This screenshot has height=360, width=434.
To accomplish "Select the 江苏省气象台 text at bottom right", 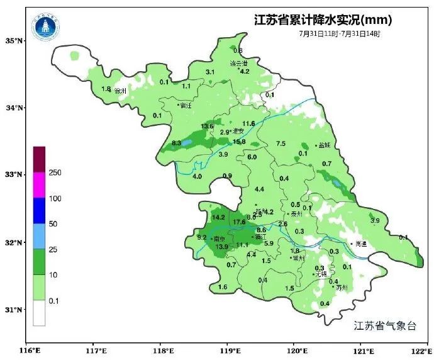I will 385,325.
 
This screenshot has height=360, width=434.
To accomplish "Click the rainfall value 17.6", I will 239,222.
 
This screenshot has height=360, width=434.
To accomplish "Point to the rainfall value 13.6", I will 207,127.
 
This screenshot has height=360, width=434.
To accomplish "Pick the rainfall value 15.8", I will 239,142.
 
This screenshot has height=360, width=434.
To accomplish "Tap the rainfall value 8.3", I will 177,143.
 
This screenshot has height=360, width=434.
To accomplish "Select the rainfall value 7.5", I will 281,143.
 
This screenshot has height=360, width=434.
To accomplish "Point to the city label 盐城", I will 325,145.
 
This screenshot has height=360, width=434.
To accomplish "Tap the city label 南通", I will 360,244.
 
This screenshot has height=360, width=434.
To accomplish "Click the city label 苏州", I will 342,288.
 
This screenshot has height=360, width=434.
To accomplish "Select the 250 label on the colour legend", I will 55,172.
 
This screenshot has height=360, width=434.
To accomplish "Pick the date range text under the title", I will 340,33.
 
